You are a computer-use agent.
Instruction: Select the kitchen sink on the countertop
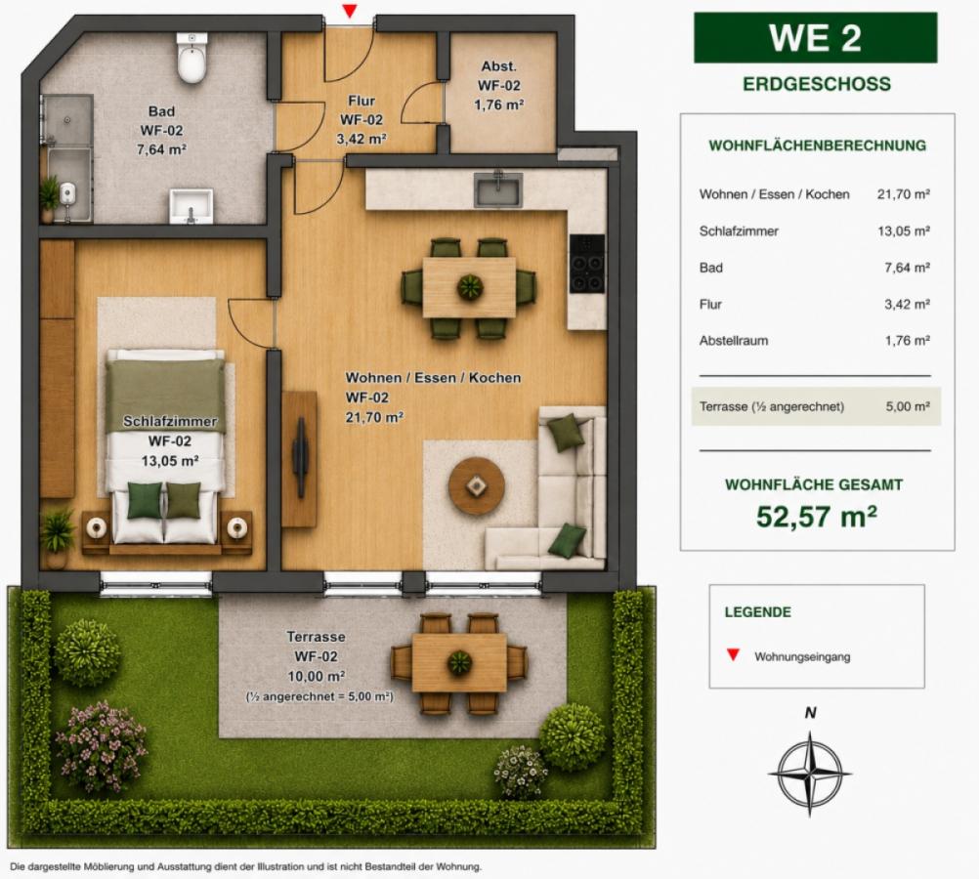497,189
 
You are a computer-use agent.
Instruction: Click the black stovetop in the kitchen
587,264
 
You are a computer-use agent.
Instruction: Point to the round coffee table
477,485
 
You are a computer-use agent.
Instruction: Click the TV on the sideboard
301,457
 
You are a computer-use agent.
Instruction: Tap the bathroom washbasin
192,206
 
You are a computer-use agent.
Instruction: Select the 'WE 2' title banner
816,38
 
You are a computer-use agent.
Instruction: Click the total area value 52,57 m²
817,517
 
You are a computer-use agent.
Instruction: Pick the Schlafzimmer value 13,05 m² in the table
904,231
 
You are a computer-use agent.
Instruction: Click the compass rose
810,774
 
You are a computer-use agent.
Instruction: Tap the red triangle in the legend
733,655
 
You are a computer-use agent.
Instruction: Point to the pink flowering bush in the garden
100,744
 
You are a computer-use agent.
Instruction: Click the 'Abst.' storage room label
499,66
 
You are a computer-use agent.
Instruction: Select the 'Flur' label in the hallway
362,101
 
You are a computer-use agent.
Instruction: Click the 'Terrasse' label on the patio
316,637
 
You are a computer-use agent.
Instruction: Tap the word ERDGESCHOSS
817,84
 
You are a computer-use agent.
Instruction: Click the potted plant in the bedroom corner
57,537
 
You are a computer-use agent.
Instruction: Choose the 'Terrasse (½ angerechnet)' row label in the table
772,407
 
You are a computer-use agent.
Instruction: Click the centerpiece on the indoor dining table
470,287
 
